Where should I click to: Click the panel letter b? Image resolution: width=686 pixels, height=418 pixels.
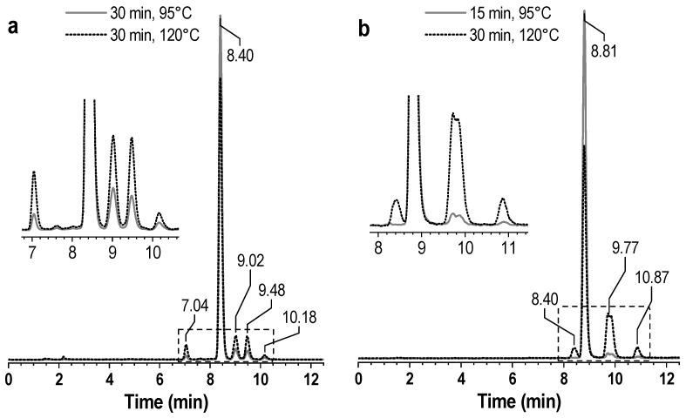(364, 26)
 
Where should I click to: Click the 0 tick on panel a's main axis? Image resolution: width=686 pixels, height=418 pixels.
(8, 380)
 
